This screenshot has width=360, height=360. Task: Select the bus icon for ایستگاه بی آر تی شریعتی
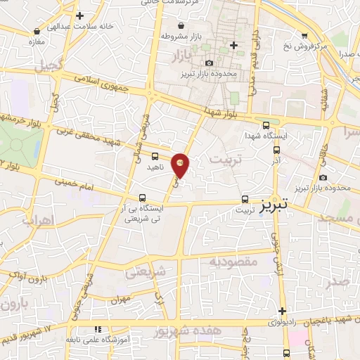pyautogui.click(x=143, y=198)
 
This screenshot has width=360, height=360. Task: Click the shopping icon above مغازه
pyautogui.click(x=37, y=31)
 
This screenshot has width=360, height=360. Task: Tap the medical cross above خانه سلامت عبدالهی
pyautogui.click(x=80, y=15)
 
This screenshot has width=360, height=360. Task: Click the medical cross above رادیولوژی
pyautogui.click(x=282, y=311)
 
